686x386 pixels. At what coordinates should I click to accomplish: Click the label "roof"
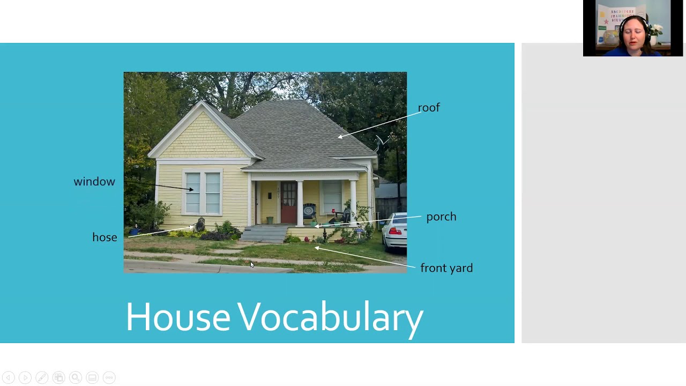429,108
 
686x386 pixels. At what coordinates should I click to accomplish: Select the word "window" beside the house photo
94,182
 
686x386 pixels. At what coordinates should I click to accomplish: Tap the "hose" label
105,237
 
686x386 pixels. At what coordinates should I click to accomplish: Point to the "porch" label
441,217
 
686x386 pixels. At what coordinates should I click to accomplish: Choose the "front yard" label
446,268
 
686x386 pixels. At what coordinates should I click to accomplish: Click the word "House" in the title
178,317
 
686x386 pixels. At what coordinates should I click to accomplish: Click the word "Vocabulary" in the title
330,317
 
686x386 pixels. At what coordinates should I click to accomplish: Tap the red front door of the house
288,203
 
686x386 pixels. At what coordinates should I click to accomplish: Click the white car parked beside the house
395,232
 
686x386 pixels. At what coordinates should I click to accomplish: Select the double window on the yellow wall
203,192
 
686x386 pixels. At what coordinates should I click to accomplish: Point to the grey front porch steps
265,234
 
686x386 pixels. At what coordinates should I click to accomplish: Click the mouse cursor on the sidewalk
252,264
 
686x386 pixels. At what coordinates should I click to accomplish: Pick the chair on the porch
310,212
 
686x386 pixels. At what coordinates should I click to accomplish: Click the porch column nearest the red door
300,203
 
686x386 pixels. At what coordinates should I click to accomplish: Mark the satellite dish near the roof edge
379,142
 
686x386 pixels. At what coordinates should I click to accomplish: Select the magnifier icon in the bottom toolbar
76,377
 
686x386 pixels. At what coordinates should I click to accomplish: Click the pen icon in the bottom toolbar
42,377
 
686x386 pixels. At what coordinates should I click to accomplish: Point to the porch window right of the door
332,196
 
